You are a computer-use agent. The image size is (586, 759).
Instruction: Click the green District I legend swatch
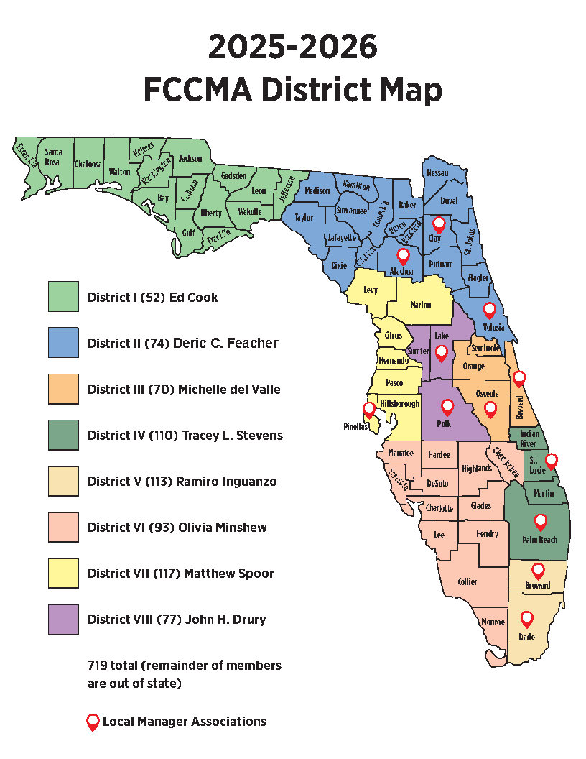[63, 297]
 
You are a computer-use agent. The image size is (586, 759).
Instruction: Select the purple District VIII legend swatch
[63, 619]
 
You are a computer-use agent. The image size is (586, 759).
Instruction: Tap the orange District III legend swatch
[63, 389]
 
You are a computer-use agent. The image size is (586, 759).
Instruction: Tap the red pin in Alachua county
[403, 257]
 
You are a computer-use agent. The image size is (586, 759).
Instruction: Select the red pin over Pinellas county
[369, 410]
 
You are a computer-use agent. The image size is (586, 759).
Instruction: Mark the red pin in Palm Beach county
[540, 523]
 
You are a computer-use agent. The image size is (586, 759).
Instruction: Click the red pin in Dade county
[527, 618]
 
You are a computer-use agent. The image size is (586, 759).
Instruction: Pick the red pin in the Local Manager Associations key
[92, 722]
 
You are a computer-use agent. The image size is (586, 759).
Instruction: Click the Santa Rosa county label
[53, 156]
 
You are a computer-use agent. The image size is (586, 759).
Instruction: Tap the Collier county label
[467, 582]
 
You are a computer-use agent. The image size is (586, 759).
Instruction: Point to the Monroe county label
[493, 622]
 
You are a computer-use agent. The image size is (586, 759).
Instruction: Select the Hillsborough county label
[399, 404]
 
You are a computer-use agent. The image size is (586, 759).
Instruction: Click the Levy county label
[371, 290]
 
